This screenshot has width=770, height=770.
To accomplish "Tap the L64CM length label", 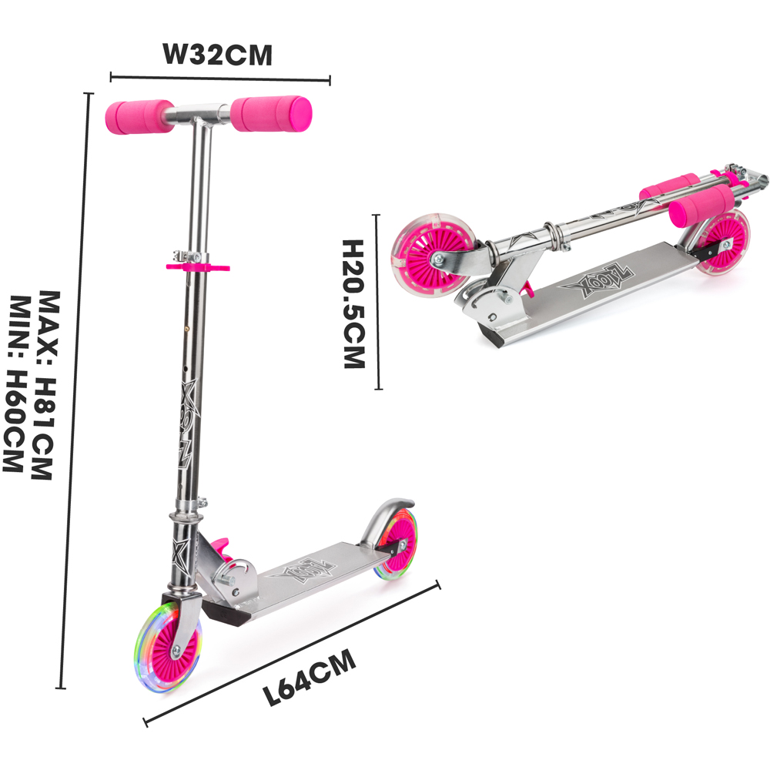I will click(310, 678).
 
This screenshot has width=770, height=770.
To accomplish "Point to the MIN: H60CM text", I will click(17, 385).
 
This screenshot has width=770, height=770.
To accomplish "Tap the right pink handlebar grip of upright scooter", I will click(271, 114).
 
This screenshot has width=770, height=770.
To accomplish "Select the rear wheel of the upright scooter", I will click(396, 543).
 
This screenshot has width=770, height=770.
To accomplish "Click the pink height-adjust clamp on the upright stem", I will click(196, 266).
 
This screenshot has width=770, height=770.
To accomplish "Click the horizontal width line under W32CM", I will click(220, 78).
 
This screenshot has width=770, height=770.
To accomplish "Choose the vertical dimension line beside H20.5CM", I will click(377, 302).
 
